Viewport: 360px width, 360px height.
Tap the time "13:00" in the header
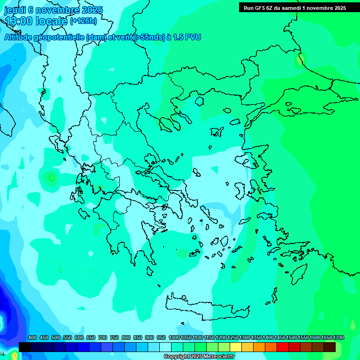click(x=19, y=21)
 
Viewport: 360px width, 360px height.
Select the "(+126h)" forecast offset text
click(x=83, y=21)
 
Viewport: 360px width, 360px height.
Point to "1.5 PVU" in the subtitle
click(x=187, y=37)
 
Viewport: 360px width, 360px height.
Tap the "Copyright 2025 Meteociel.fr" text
click(x=199, y=357)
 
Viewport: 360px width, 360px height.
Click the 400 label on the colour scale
click(x=32, y=337)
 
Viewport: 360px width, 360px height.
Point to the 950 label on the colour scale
click(x=161, y=337)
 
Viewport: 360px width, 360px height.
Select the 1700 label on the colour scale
click(x=338, y=337)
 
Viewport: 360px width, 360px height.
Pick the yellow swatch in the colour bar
click(x=236, y=347)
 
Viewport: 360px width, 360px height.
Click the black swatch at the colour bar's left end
click(x=25, y=347)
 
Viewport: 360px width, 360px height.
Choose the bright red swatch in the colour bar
click(x=283, y=347)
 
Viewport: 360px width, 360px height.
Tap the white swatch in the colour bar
click(x=165, y=347)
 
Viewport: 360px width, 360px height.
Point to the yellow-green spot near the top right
click(x=300, y=60)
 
